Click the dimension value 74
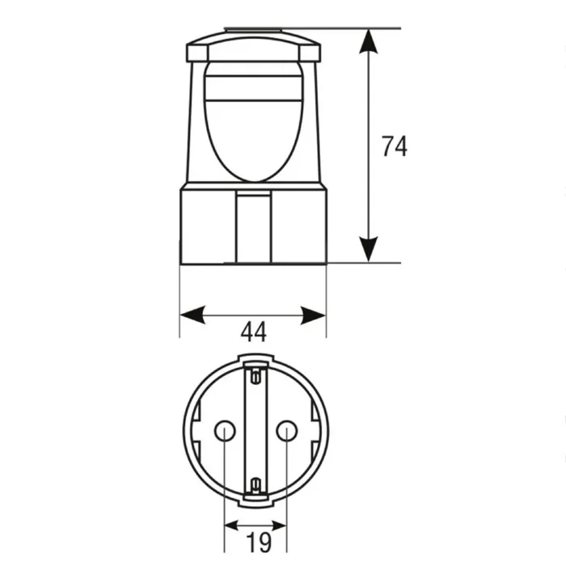coord(395,146)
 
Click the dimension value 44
coord(254,332)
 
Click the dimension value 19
coord(259,542)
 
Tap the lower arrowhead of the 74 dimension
coord(368,249)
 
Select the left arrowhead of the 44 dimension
coord(192,315)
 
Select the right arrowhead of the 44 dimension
coord(314,315)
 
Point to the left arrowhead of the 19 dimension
coord(232,526)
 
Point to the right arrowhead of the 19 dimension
coord(279,526)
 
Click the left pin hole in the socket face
coord(225,431)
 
